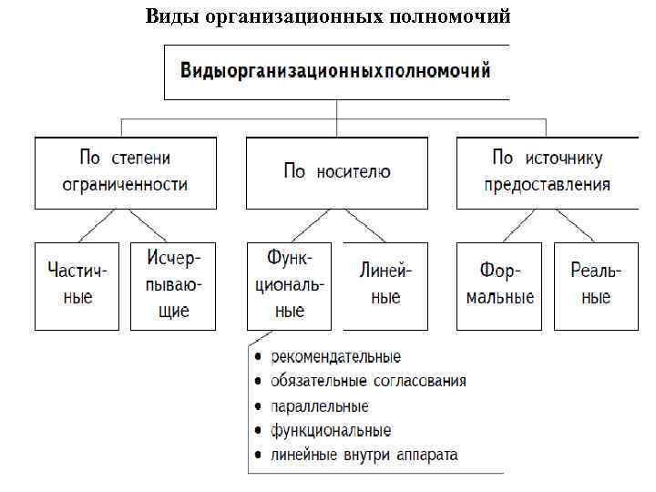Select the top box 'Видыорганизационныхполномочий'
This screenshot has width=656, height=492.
click(x=335, y=71)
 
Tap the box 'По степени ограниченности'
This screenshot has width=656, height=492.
click(x=125, y=171)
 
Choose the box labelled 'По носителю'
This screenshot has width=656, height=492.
click(x=337, y=171)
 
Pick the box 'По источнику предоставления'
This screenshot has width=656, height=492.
click(x=547, y=171)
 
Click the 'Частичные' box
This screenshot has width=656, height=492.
click(x=77, y=285)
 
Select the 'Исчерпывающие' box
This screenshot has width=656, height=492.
click(x=173, y=285)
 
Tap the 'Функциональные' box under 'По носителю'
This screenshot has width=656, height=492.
click(x=289, y=285)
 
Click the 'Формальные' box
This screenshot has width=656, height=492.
click(x=498, y=285)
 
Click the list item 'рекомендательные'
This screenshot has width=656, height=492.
click(x=335, y=356)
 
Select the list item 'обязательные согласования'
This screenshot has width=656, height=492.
click(x=368, y=381)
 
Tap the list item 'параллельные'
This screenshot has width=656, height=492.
click(x=319, y=405)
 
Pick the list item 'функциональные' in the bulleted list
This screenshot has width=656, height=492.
click(x=331, y=430)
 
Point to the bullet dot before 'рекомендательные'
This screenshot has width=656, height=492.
click(x=260, y=357)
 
